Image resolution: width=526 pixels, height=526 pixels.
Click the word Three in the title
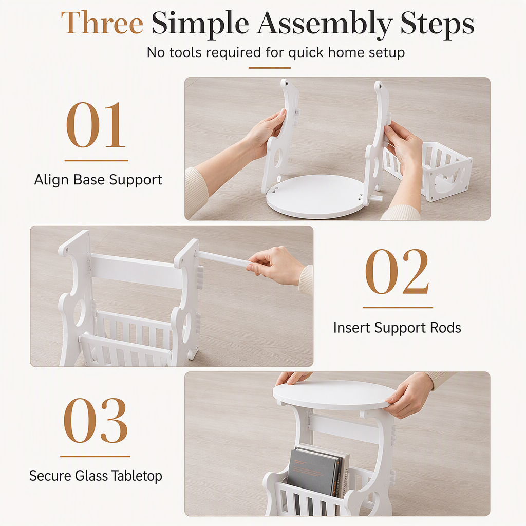point(102,23)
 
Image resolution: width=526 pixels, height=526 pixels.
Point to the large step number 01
point(96,125)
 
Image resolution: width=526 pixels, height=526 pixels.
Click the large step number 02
point(397,271)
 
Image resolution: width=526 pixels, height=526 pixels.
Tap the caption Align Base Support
point(98,180)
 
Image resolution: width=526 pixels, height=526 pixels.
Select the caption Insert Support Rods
point(397,328)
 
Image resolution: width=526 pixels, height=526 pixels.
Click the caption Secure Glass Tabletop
point(96,476)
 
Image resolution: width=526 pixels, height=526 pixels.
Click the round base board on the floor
point(315,196)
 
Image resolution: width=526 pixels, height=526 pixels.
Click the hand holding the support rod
point(277,265)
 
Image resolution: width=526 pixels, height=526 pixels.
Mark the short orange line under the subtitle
point(269,68)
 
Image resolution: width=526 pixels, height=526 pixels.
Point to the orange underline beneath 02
point(398,307)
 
